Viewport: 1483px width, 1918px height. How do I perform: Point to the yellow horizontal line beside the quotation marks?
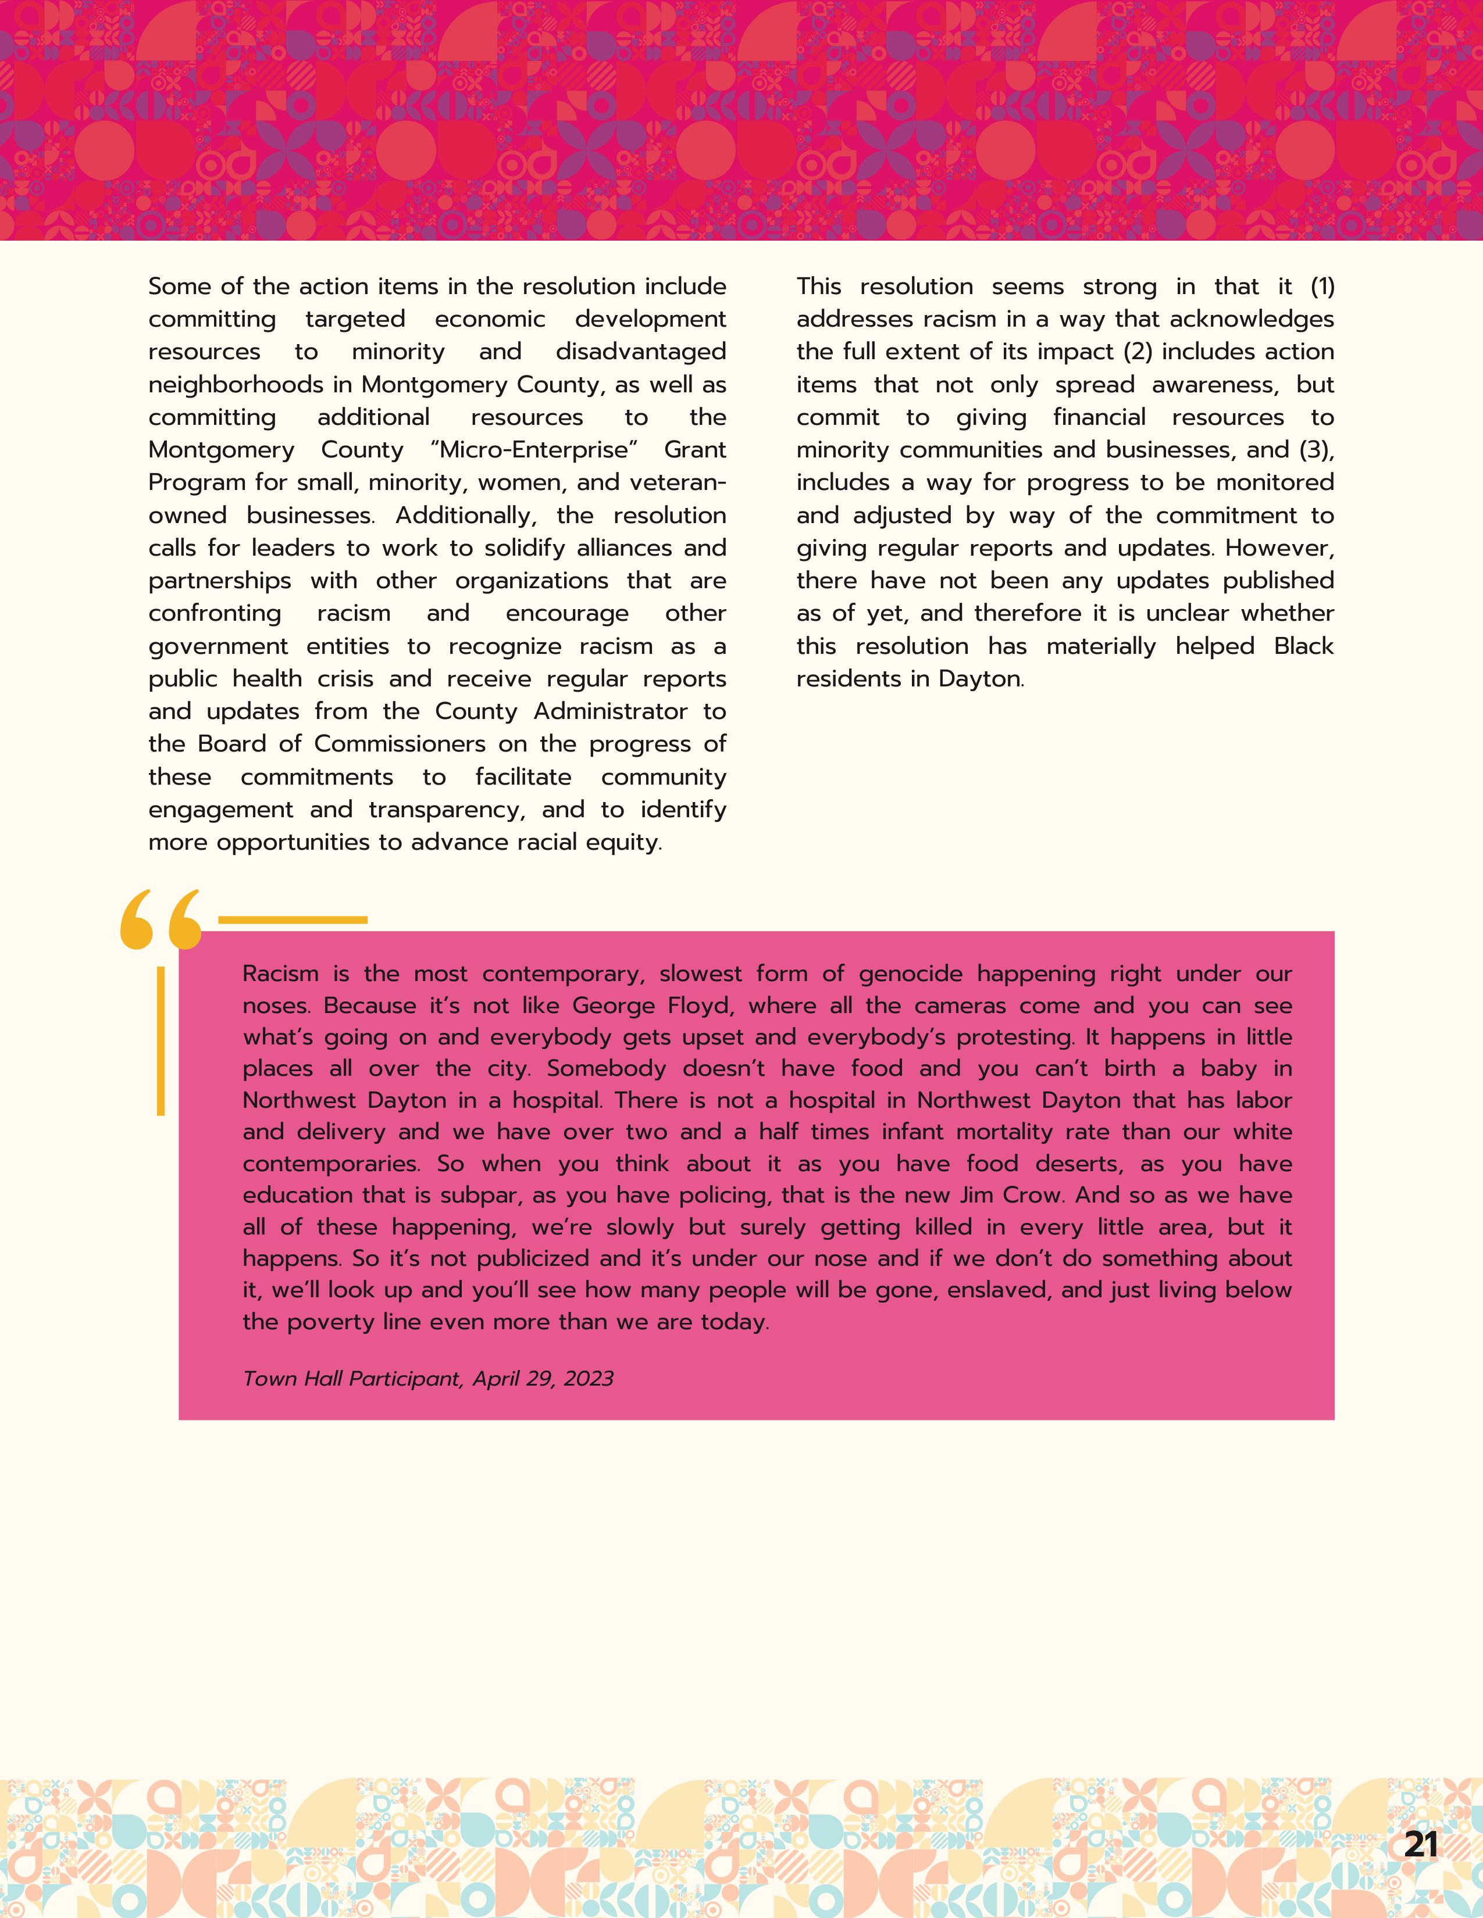click(x=292, y=919)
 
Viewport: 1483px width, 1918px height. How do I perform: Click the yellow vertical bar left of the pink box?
click(x=161, y=1041)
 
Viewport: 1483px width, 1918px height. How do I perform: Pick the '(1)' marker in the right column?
click(x=1321, y=287)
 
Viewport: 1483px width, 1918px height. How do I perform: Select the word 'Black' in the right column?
click(x=1304, y=646)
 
